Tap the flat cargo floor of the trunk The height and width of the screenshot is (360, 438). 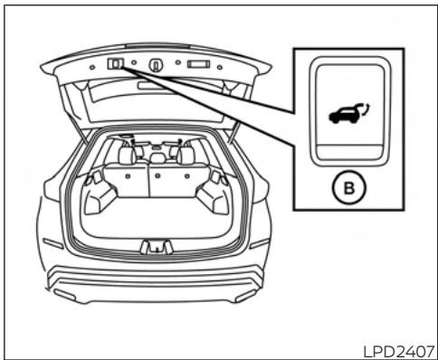(154, 217)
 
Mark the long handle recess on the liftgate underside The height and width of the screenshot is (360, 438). (154, 86)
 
